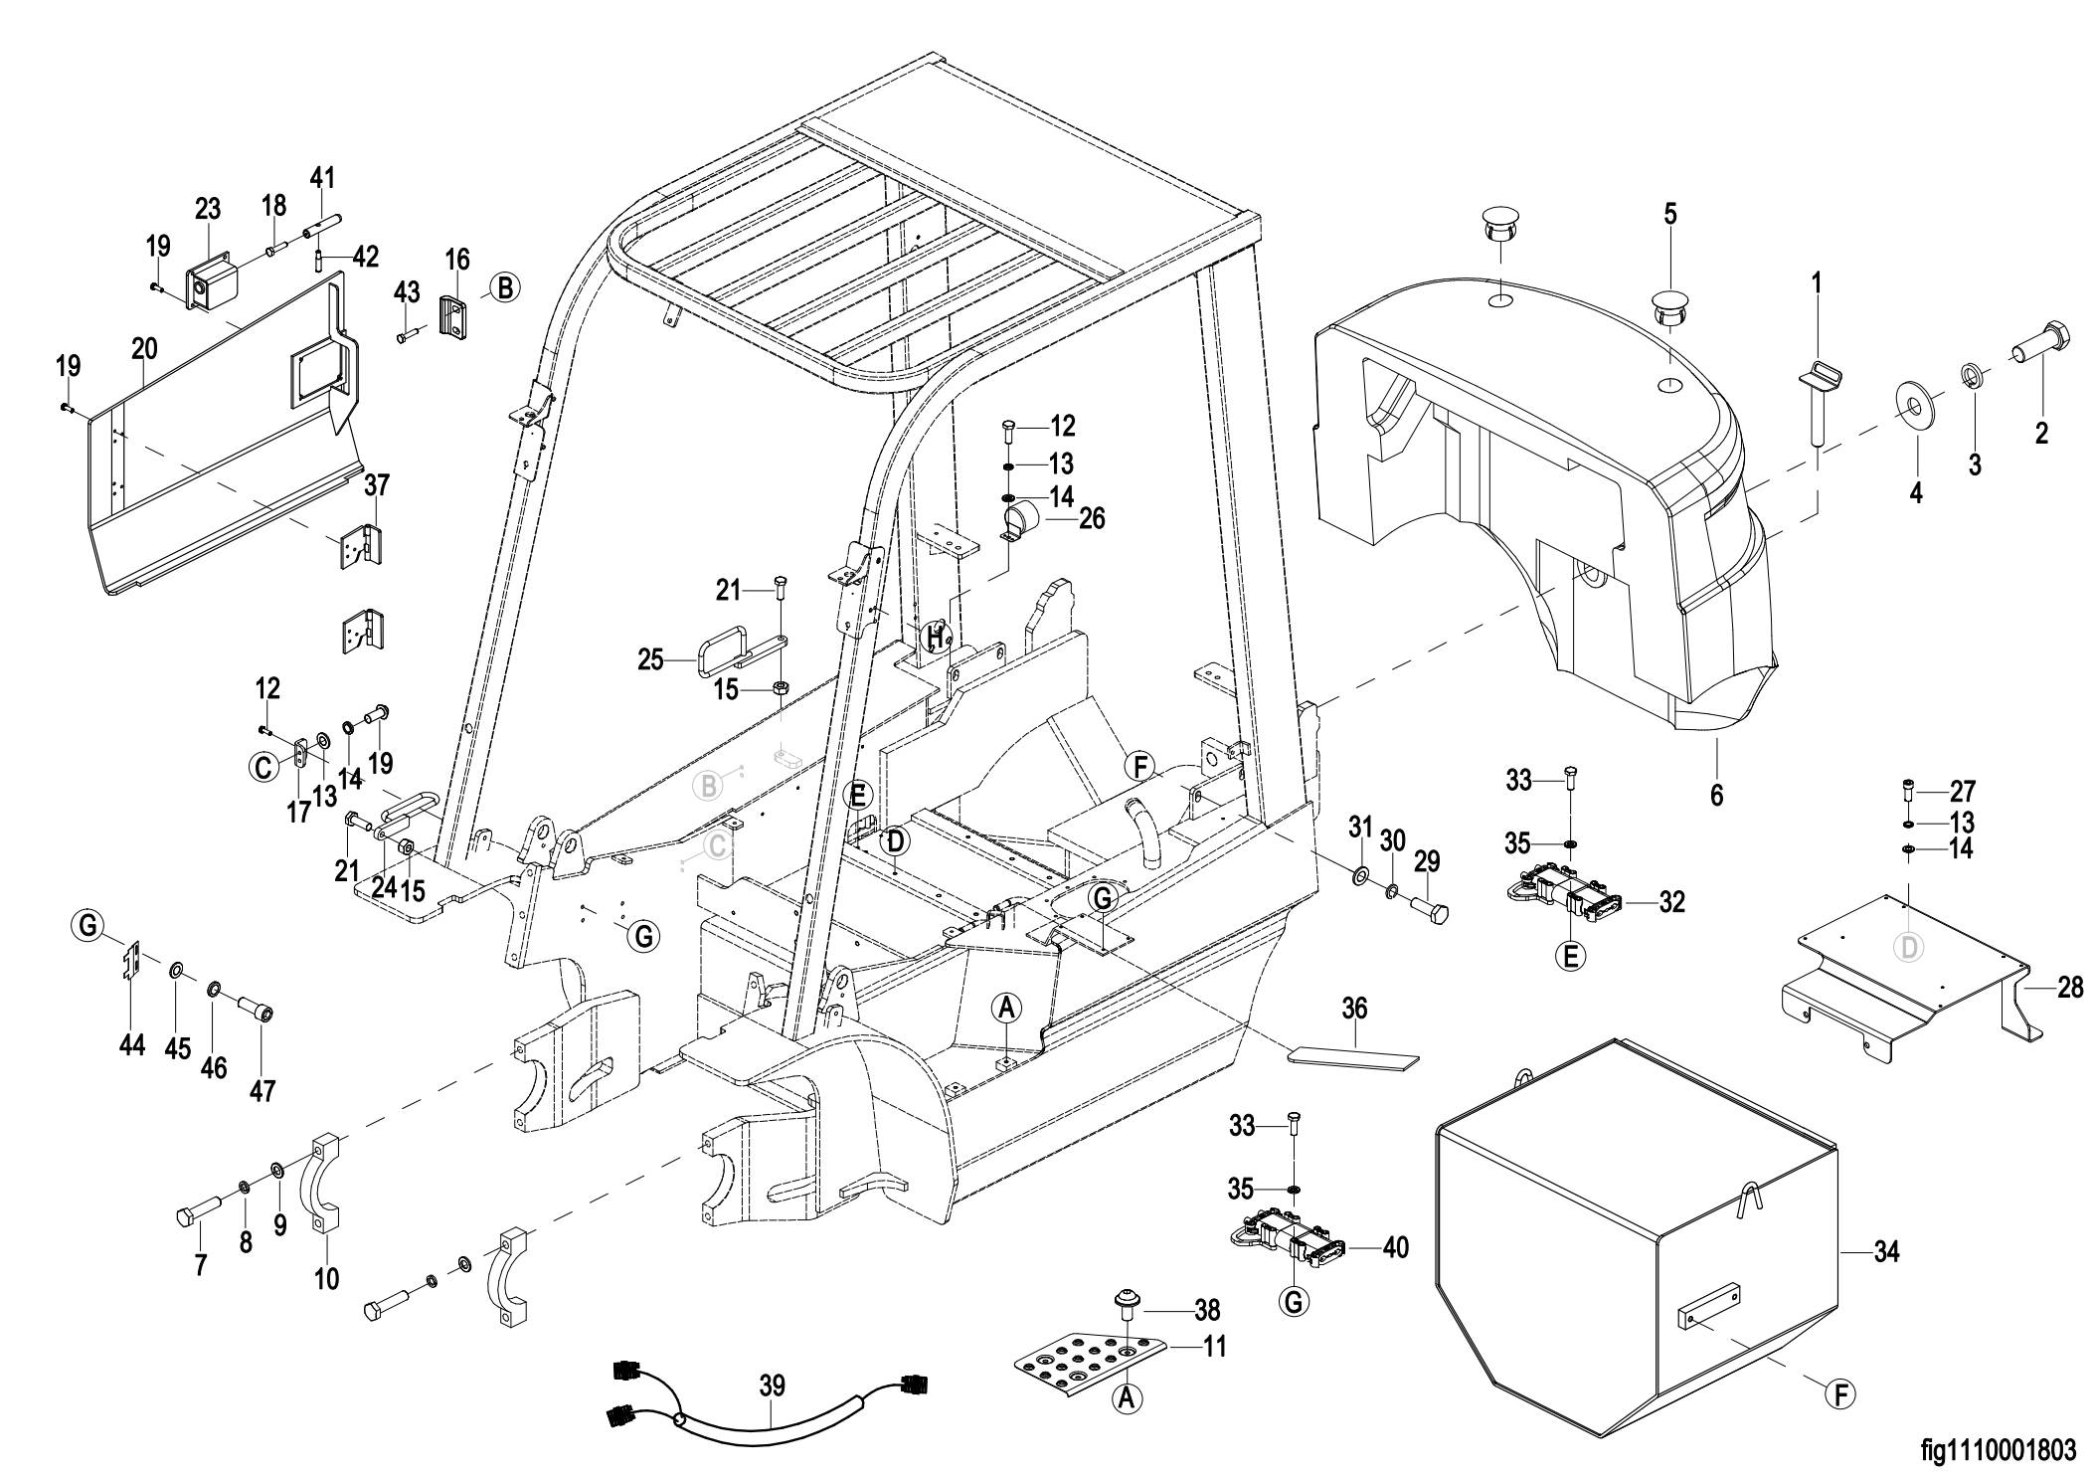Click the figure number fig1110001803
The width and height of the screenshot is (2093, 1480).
(x=1999, y=1451)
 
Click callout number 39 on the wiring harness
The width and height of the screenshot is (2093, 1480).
(x=772, y=1385)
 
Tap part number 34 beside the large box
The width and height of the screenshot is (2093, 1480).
(x=1885, y=1252)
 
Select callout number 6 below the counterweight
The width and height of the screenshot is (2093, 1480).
(x=1716, y=795)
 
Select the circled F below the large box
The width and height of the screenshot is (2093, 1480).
(x=1841, y=1394)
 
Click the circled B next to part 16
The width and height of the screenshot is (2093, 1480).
(x=505, y=288)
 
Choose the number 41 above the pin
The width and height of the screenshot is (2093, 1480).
(x=322, y=179)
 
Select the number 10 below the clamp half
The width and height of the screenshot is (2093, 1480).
(x=326, y=1278)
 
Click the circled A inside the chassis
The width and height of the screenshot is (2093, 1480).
(x=1006, y=1009)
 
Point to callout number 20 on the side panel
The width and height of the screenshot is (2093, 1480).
(x=144, y=348)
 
